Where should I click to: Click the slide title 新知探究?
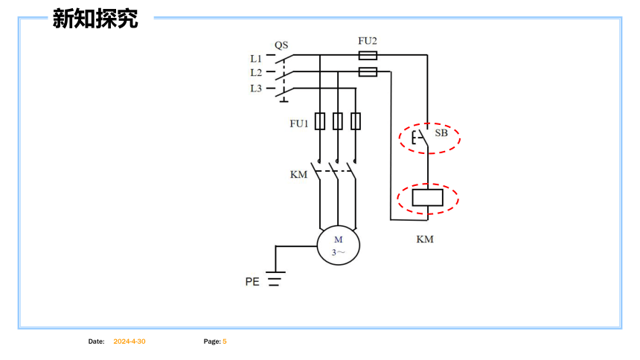point(95,19)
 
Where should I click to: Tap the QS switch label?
point(281,45)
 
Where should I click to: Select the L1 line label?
point(256,59)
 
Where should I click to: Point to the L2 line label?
point(256,73)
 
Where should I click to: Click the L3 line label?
point(256,89)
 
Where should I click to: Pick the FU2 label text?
point(368,41)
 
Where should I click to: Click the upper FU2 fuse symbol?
point(368,55)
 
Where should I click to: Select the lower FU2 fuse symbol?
point(368,72)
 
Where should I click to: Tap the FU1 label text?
point(298,123)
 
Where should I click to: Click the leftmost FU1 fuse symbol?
point(320,121)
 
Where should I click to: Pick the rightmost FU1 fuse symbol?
point(356,121)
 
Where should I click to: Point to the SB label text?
point(441,133)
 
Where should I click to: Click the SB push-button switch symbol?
point(420,138)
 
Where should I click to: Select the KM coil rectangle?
point(427,198)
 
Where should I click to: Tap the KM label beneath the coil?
point(425,240)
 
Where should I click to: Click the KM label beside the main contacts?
point(298,175)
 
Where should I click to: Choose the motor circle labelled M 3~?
point(339,245)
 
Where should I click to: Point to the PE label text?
point(252,282)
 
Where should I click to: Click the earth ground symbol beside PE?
point(275,278)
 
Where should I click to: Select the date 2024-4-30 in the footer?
point(129,341)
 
